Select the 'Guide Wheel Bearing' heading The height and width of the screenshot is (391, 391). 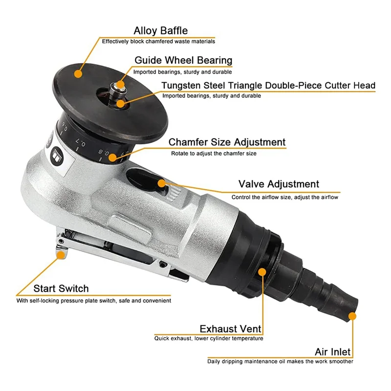tap(183, 61)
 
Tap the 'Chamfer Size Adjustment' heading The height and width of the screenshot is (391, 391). tap(227, 142)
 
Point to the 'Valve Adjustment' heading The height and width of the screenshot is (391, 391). tap(279, 184)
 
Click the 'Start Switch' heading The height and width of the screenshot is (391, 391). tap(61, 289)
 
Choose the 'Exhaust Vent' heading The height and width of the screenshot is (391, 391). tap(230, 328)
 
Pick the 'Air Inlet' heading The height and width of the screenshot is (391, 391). tap(332, 352)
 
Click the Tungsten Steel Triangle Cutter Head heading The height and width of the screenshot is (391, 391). tap(268, 86)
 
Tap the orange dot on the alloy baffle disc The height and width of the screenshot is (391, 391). tap(78, 73)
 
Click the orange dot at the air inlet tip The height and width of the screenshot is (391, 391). tap(353, 316)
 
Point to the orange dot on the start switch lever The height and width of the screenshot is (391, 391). tap(60, 254)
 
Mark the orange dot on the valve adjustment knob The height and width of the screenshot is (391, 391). tap(161, 183)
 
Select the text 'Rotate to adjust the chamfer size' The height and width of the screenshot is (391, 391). tap(214, 153)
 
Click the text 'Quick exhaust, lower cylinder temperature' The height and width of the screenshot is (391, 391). tap(209, 338)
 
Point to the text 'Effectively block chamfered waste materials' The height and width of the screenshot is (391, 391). tap(158, 42)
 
